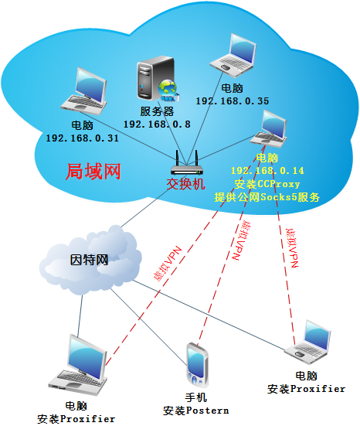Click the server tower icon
click(x=155, y=78)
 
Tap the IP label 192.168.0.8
click(x=157, y=124)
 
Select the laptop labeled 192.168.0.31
click(x=84, y=91)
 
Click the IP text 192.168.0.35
click(x=233, y=101)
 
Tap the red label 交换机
click(x=185, y=184)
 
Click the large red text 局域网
click(x=93, y=172)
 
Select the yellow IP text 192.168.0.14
click(x=267, y=171)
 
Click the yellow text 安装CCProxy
click(x=267, y=184)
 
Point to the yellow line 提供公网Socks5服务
click(x=267, y=197)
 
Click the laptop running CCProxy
click(x=269, y=129)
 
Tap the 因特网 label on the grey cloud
click(x=90, y=260)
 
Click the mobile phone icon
click(x=197, y=365)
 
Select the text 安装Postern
click(x=195, y=411)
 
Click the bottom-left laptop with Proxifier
click(x=78, y=365)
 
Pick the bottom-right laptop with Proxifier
click(x=308, y=342)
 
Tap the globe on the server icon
click(x=168, y=90)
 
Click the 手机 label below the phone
click(x=196, y=397)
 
